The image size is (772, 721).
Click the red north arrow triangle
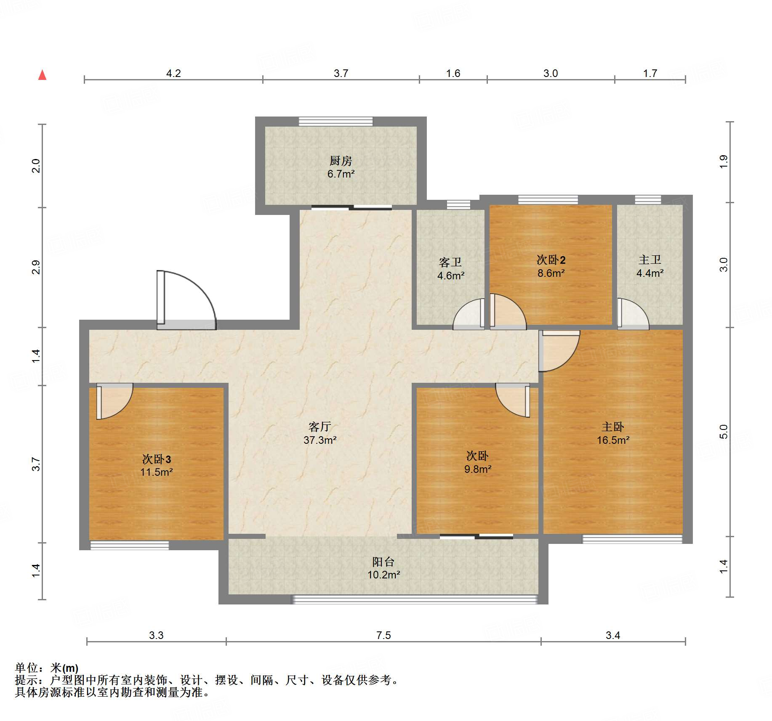point(42,75)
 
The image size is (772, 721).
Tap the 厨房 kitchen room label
point(341,161)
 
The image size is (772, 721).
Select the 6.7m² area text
point(341,174)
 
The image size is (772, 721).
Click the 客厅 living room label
point(320,427)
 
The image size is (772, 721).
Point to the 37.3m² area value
point(320,440)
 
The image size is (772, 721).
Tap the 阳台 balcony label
point(383,562)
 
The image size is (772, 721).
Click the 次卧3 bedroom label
point(157,459)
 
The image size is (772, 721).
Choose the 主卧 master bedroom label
point(613,427)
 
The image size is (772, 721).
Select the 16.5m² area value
point(613,440)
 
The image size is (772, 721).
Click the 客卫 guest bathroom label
point(450,262)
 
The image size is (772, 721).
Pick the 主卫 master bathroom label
point(650,260)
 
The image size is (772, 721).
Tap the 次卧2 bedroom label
point(551,260)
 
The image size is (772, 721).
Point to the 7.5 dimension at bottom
point(383,635)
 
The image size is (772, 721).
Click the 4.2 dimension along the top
point(173,74)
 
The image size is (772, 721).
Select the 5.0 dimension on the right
point(724,432)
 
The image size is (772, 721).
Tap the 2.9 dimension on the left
point(36,268)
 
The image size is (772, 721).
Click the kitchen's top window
point(335,121)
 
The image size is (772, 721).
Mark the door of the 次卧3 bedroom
point(114,401)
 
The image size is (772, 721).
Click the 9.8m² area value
point(478,469)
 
